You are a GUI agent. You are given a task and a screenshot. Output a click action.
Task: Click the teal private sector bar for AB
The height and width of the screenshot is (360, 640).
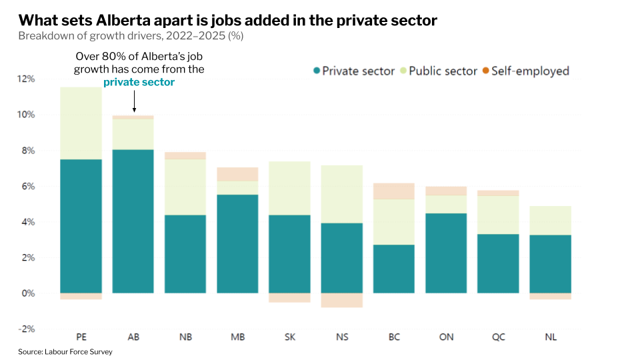coord(133,221)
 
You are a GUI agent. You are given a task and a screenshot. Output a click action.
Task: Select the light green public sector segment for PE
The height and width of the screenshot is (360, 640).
coord(81,123)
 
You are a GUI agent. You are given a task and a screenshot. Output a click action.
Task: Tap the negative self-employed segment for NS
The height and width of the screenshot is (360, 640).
coord(342,300)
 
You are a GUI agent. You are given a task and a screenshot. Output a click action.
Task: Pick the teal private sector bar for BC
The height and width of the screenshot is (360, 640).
coord(394,269)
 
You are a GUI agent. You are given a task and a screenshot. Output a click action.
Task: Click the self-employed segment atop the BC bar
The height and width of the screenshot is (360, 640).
coord(394,191)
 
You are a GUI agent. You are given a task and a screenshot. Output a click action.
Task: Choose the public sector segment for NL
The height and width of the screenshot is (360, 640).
coord(551,221)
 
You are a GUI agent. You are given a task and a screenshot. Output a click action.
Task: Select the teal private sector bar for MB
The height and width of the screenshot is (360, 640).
coord(237,244)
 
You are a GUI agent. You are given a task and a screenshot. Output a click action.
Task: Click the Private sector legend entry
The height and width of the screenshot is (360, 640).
coord(353,71)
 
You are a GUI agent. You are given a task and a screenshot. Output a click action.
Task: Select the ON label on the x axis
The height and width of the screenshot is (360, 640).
coord(446,337)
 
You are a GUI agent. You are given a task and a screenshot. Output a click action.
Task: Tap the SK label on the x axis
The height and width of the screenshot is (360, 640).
coord(290,337)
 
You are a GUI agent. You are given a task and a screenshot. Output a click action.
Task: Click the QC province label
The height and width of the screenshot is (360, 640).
coord(499,337)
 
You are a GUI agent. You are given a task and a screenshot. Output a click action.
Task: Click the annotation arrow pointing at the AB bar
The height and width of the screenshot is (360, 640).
coord(134,101)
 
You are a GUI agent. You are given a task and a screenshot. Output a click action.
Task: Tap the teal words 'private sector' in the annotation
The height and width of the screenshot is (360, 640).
coord(139,82)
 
